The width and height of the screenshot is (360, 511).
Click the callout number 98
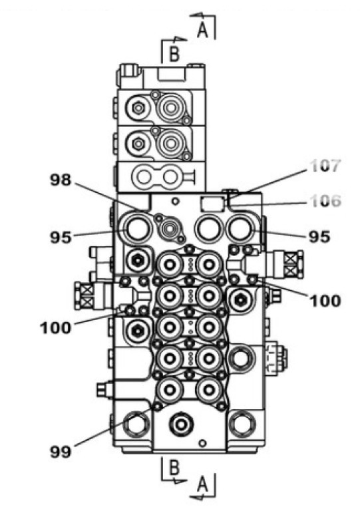61,180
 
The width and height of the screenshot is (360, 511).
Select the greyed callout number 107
325,166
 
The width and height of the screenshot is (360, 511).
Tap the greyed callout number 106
326,201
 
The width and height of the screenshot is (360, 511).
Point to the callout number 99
61,452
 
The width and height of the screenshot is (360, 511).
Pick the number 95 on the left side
61,238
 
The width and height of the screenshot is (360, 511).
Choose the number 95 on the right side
319,237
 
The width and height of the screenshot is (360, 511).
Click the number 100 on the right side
325,301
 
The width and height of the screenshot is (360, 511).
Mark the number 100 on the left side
56,327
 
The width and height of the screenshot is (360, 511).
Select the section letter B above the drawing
174,54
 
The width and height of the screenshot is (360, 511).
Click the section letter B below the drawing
174,467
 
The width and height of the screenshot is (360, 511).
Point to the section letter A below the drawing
203,484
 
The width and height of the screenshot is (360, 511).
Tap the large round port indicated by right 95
241,228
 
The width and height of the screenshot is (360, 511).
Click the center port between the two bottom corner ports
181,424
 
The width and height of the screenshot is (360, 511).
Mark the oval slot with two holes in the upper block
157,177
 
